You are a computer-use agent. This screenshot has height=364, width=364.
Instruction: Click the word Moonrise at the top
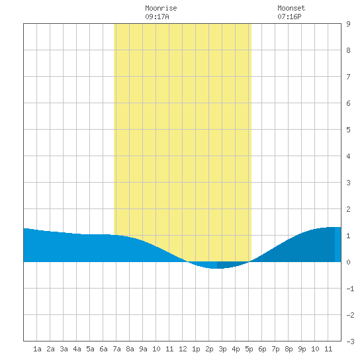(x=161, y=8)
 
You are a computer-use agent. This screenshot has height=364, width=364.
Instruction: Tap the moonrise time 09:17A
(x=157, y=17)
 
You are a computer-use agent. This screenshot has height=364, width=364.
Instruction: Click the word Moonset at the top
(x=291, y=8)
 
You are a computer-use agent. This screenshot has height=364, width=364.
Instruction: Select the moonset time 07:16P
(x=289, y=17)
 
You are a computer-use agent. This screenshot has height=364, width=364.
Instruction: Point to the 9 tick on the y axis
(x=348, y=24)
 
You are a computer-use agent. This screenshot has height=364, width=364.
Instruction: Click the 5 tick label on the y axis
(x=348, y=130)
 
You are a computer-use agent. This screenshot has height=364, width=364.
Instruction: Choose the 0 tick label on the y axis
(x=348, y=262)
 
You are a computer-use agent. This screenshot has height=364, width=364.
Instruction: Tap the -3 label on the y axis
(x=351, y=341)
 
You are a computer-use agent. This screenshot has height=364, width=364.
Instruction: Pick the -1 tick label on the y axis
(x=351, y=289)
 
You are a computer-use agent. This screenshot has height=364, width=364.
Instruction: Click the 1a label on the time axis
(x=37, y=349)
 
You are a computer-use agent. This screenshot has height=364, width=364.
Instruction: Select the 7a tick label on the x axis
(x=116, y=349)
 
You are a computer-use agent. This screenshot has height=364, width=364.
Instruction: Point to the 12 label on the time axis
(x=183, y=349)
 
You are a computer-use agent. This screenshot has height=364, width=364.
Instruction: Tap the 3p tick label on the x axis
(x=222, y=349)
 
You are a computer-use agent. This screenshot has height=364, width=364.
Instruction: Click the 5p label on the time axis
(x=249, y=349)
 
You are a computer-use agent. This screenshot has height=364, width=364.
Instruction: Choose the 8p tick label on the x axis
(x=289, y=349)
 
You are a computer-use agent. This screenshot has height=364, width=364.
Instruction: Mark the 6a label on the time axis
(x=103, y=349)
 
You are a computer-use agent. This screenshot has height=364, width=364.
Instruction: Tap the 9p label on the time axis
(x=302, y=349)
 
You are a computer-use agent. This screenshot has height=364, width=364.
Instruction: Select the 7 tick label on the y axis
(x=348, y=77)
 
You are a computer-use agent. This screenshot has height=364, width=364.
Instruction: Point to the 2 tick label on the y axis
(x=348, y=209)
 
